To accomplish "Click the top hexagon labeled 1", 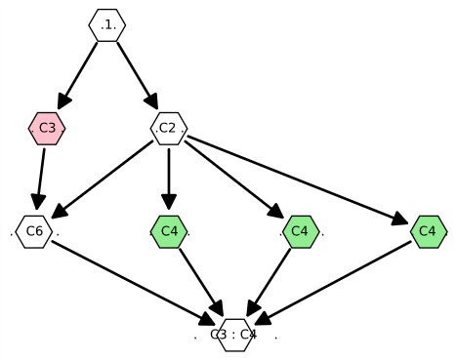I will coord(107,25).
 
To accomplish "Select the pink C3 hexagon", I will coord(47,128).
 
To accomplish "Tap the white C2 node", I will coord(168,128).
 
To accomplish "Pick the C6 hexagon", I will coord(34,231).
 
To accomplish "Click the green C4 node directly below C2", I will coord(169,231).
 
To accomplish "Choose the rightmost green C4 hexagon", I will coord(428,231).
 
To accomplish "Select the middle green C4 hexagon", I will coord(300,231).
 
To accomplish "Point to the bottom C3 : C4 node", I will coord(235,335).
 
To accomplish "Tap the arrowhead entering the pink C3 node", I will coord(62,102).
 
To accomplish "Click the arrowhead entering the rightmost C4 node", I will coord(400,220).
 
